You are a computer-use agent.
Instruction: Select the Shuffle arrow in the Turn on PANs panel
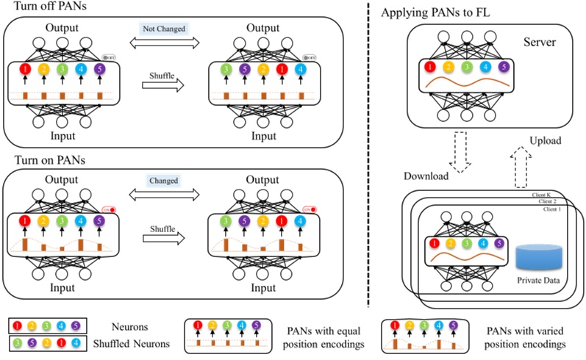(162, 237)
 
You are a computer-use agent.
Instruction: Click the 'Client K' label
(544, 195)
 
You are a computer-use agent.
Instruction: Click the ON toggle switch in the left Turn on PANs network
(109, 209)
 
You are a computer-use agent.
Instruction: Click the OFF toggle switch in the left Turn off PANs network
(109, 57)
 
